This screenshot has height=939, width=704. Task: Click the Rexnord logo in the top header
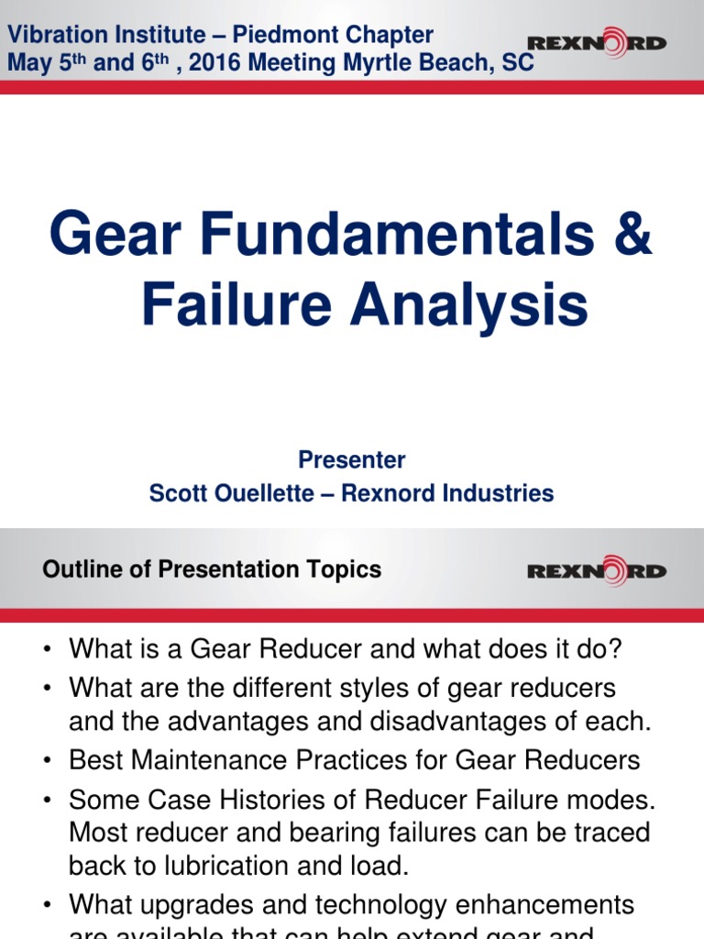(597, 42)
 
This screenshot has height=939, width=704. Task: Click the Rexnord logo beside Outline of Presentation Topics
(597, 570)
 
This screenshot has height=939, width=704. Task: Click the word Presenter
(352, 459)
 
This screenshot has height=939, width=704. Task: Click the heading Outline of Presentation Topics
(212, 569)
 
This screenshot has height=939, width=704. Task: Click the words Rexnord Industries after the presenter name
(447, 493)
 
